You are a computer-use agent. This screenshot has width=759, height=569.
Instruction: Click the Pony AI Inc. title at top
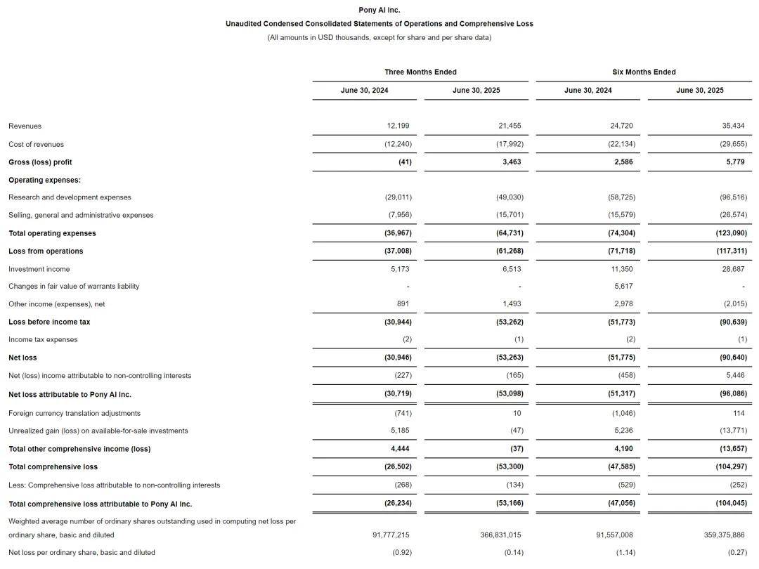(379, 10)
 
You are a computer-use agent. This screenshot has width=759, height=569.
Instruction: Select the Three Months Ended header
(420, 72)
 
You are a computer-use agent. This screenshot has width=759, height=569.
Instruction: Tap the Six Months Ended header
(644, 72)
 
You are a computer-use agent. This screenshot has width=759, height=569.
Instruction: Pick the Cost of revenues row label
(36, 144)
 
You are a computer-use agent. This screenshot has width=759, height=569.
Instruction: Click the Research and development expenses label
(70, 197)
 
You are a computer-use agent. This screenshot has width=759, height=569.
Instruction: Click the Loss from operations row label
(46, 251)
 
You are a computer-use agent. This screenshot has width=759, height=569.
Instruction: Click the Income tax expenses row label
(43, 339)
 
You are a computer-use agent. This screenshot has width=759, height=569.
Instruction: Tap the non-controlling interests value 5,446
(734, 376)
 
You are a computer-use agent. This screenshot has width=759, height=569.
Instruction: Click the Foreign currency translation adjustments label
(74, 413)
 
